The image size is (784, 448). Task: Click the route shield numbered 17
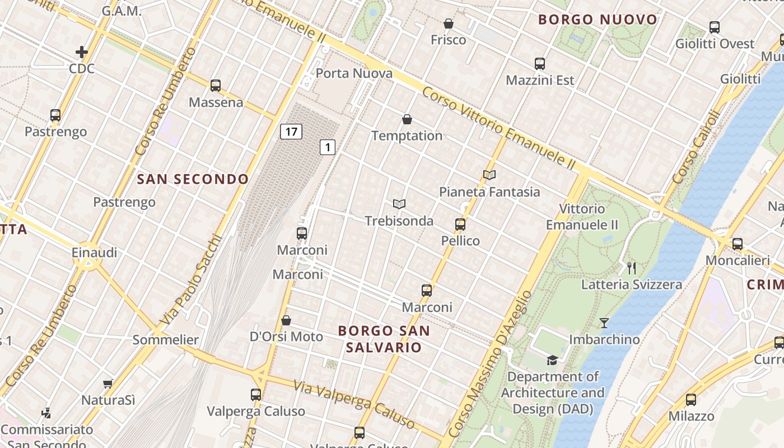tap(291, 132)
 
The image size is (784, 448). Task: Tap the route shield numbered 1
tap(328, 147)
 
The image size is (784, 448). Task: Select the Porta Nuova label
tap(354, 73)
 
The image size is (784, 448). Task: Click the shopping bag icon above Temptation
tap(407, 119)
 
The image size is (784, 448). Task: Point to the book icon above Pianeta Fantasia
tap(489, 175)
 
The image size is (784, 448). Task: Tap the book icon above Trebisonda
tap(399, 204)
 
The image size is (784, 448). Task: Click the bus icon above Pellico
tap(460, 225)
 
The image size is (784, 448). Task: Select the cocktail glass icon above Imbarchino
tap(604, 323)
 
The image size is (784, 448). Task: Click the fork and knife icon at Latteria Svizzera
tap(632, 268)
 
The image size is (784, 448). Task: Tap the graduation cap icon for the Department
tap(552, 360)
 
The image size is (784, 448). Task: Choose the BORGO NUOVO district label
tap(598, 20)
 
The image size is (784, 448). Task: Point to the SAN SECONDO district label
tap(193, 179)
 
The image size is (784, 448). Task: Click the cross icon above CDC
tap(82, 53)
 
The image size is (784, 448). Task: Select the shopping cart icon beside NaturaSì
tap(108, 384)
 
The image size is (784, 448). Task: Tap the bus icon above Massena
tap(216, 86)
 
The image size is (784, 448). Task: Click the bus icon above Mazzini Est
tap(540, 64)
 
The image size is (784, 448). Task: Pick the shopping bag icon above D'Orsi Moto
tap(286, 320)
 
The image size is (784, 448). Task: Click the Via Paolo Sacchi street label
tap(190, 280)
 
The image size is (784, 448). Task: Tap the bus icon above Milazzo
tap(691, 400)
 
